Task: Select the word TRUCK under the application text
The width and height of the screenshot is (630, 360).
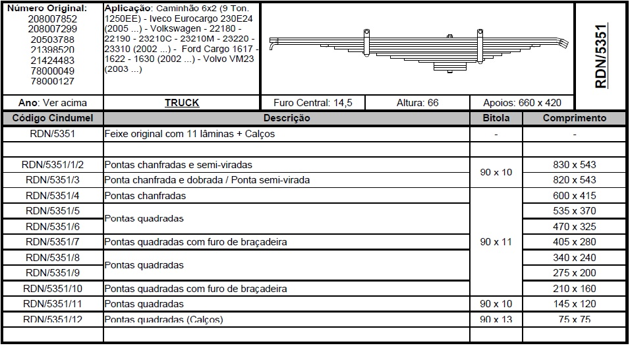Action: tap(182, 103)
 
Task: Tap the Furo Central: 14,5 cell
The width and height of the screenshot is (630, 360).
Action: tap(313, 103)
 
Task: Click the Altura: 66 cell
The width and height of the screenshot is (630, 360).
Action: tap(417, 103)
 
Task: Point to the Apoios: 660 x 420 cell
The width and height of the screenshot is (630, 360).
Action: tap(523, 103)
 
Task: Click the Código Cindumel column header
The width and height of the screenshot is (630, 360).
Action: tap(53, 118)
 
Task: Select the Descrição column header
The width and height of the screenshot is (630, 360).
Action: tap(287, 118)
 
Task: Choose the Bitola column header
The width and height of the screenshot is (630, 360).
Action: tap(496, 118)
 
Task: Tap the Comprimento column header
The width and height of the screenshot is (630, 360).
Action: tap(574, 118)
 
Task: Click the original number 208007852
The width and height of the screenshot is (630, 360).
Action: tap(53, 19)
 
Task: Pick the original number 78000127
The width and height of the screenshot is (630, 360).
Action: tap(53, 82)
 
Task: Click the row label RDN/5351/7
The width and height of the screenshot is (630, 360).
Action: tap(53, 242)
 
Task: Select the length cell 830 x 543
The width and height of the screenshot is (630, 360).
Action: tap(574, 165)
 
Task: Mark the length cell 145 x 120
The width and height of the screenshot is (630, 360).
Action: tap(574, 304)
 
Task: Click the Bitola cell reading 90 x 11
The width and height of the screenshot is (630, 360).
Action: tap(496, 242)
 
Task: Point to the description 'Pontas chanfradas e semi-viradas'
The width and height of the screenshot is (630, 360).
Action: tap(178, 165)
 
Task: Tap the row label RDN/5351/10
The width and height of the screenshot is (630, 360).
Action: tap(53, 289)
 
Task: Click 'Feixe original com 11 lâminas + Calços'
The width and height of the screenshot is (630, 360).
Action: tap(190, 134)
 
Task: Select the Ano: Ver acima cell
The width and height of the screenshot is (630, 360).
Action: tap(53, 103)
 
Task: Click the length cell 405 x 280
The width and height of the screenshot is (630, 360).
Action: tap(574, 242)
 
